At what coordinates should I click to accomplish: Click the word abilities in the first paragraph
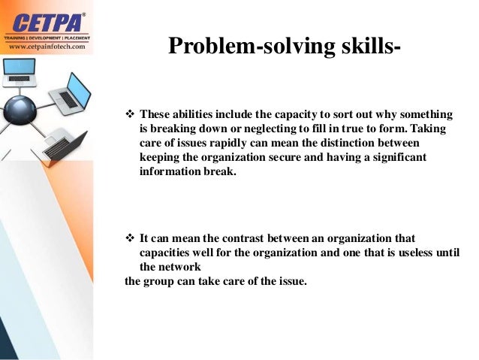(194, 115)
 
